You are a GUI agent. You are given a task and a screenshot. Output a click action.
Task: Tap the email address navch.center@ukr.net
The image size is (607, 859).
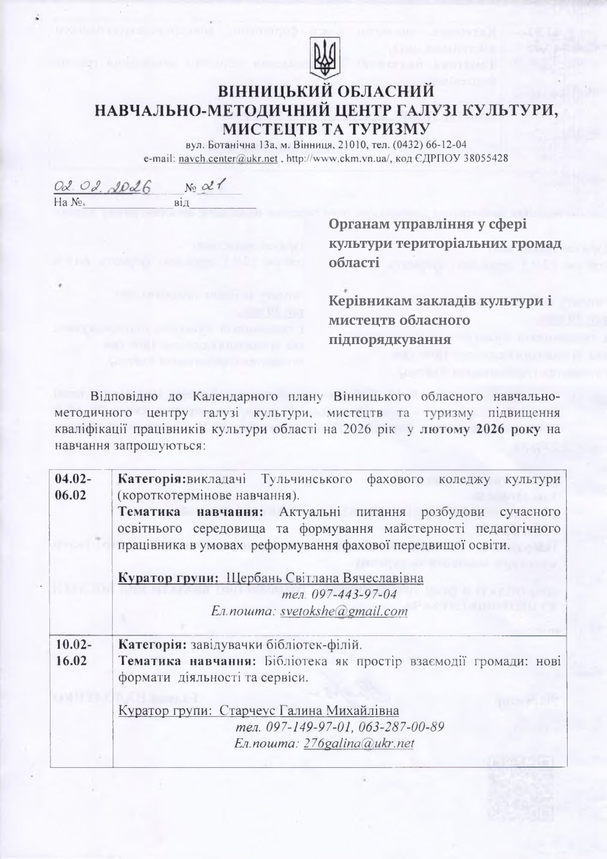(x=228, y=158)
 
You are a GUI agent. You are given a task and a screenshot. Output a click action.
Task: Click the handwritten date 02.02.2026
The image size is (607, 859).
(x=103, y=187)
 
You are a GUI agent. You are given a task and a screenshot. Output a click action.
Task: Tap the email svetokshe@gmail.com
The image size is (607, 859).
(x=343, y=611)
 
